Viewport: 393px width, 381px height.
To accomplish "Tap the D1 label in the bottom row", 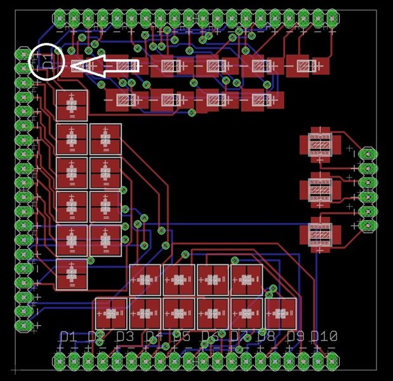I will (x=67, y=337).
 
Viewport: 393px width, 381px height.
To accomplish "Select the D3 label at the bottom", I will (x=124, y=337).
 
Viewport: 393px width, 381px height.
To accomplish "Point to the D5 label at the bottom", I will (x=182, y=337).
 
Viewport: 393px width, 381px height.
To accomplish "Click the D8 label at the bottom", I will (x=266, y=337).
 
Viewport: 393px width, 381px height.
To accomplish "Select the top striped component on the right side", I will (x=320, y=145).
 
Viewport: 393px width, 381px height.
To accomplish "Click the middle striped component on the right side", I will (x=320, y=188).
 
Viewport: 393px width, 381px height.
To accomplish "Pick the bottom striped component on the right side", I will (x=320, y=233).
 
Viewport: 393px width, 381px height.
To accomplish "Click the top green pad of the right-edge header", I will (x=367, y=154).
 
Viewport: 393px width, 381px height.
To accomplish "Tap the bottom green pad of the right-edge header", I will (x=367, y=225).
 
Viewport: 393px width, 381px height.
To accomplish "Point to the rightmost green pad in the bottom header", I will (x=332, y=361).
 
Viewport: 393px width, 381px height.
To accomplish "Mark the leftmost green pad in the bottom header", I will (x=60, y=361).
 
